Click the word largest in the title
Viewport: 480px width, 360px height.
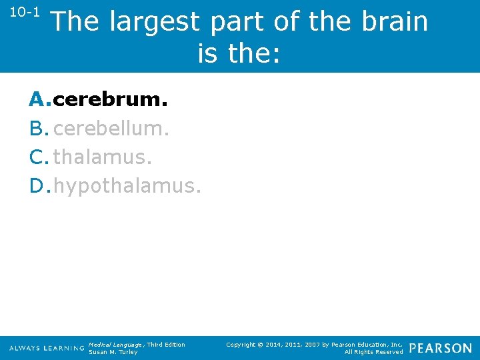pos(154,21)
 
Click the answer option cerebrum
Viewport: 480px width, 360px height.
pos(110,100)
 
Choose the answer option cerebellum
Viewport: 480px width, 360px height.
pos(111,128)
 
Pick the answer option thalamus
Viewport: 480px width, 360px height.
pos(101,157)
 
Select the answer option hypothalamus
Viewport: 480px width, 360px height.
pos(127,185)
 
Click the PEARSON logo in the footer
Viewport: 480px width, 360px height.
pos(440,348)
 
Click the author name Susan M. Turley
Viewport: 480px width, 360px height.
pos(113,352)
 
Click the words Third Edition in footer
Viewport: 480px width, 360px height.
pos(166,344)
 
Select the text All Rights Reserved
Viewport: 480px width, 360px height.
pos(373,352)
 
